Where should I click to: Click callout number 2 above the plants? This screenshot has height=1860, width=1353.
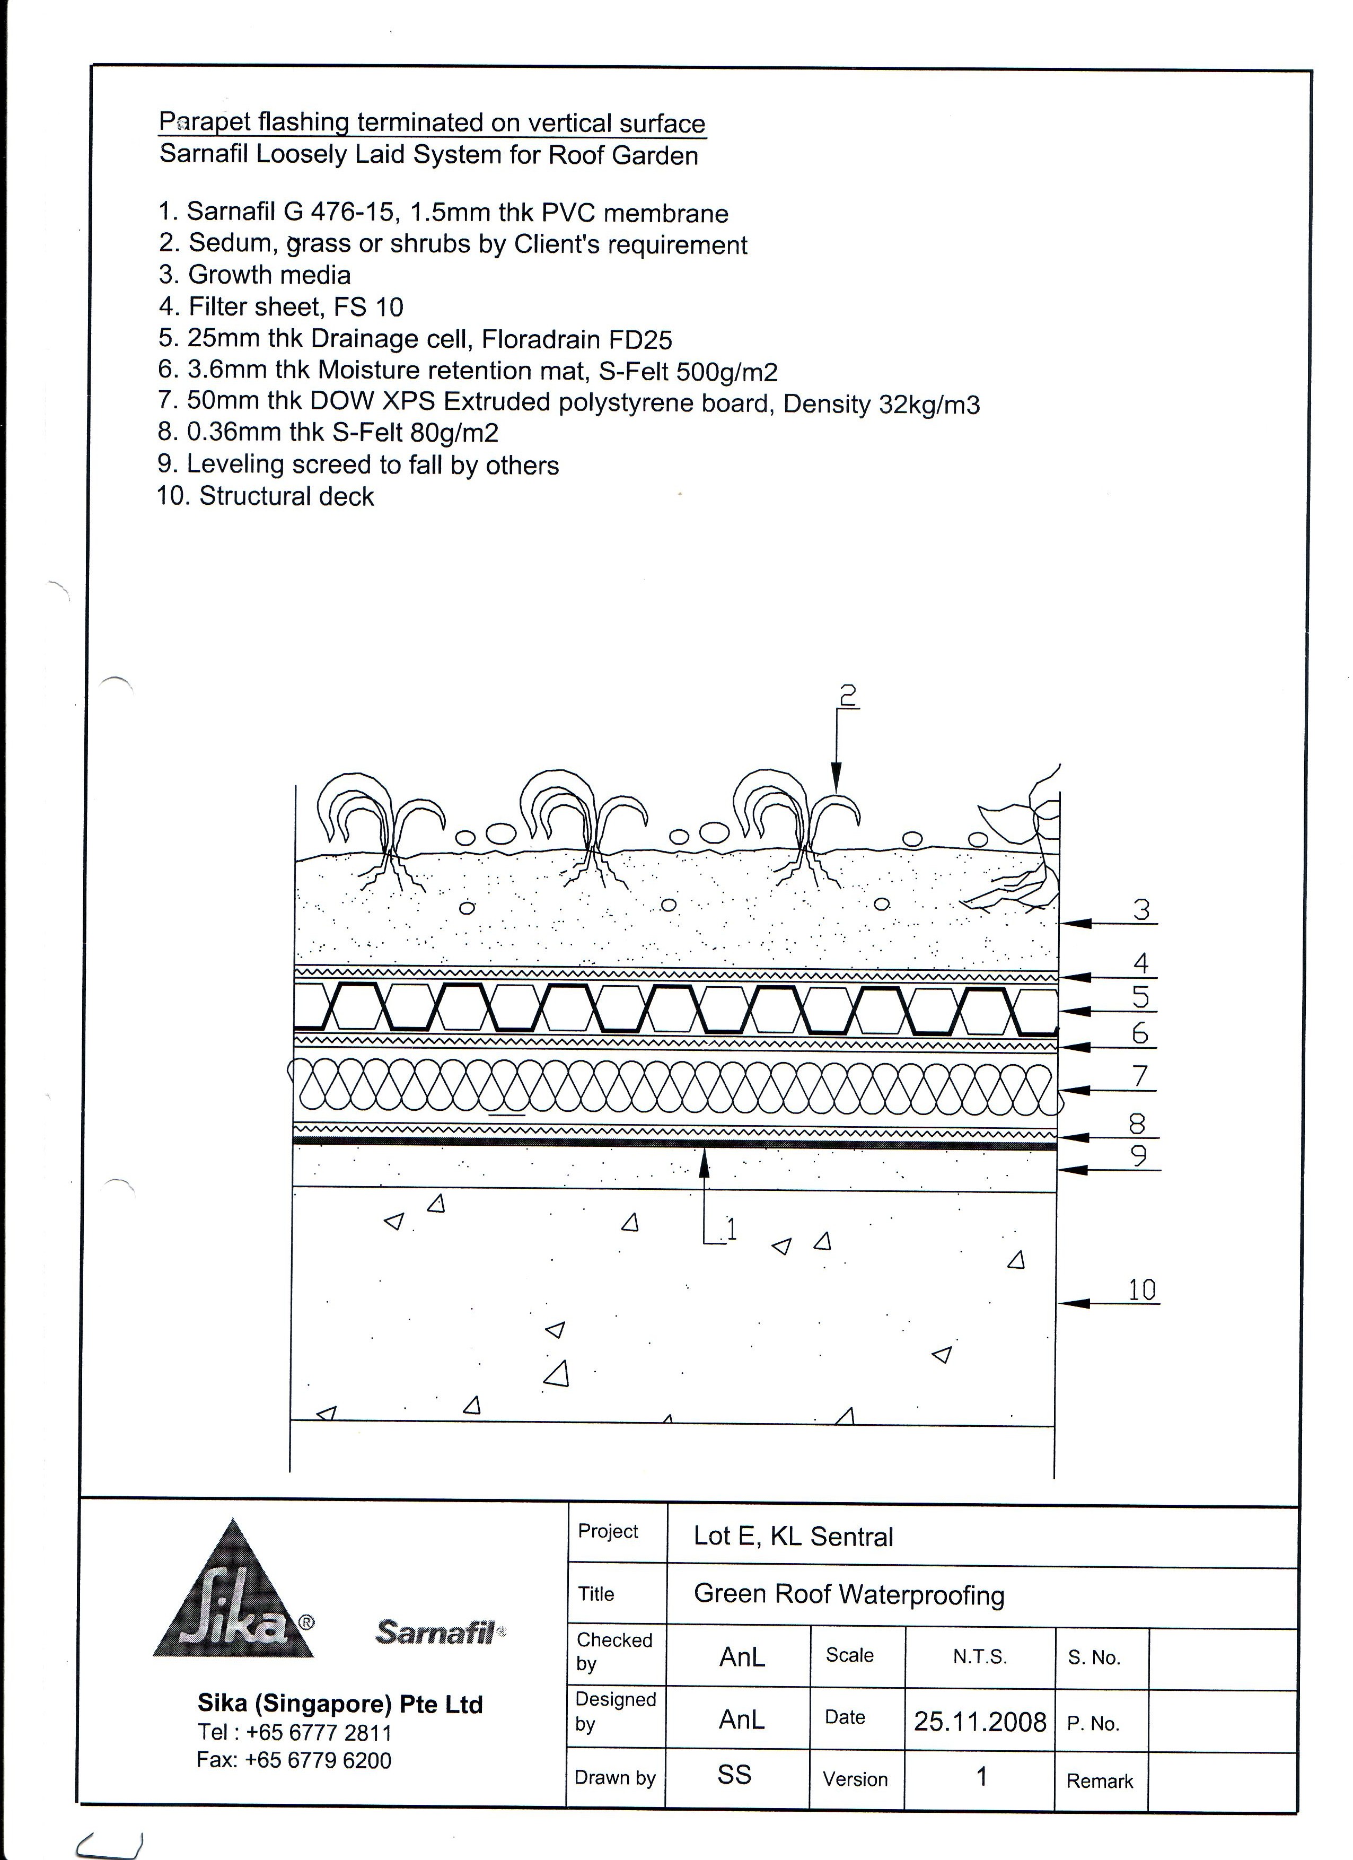coord(848,696)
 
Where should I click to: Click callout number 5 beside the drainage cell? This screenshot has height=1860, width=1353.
coord(1140,997)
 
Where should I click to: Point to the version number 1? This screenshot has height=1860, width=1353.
coord(981,1776)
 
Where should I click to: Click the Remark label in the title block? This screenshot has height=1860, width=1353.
coord(1100,1780)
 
